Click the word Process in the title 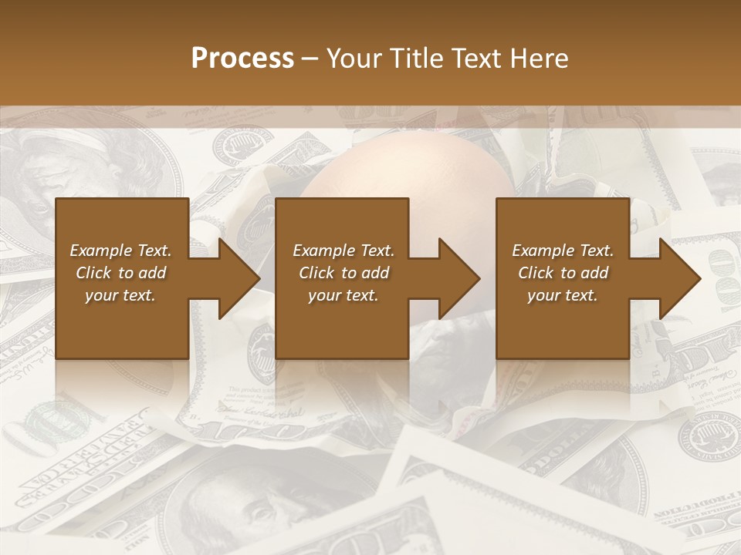click(242, 59)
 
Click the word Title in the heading click(414, 59)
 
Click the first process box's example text click(120, 273)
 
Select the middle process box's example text click(343, 273)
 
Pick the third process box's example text click(563, 273)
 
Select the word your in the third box click(545, 295)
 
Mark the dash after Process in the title click(310, 59)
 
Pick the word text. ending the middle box click(361, 295)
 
